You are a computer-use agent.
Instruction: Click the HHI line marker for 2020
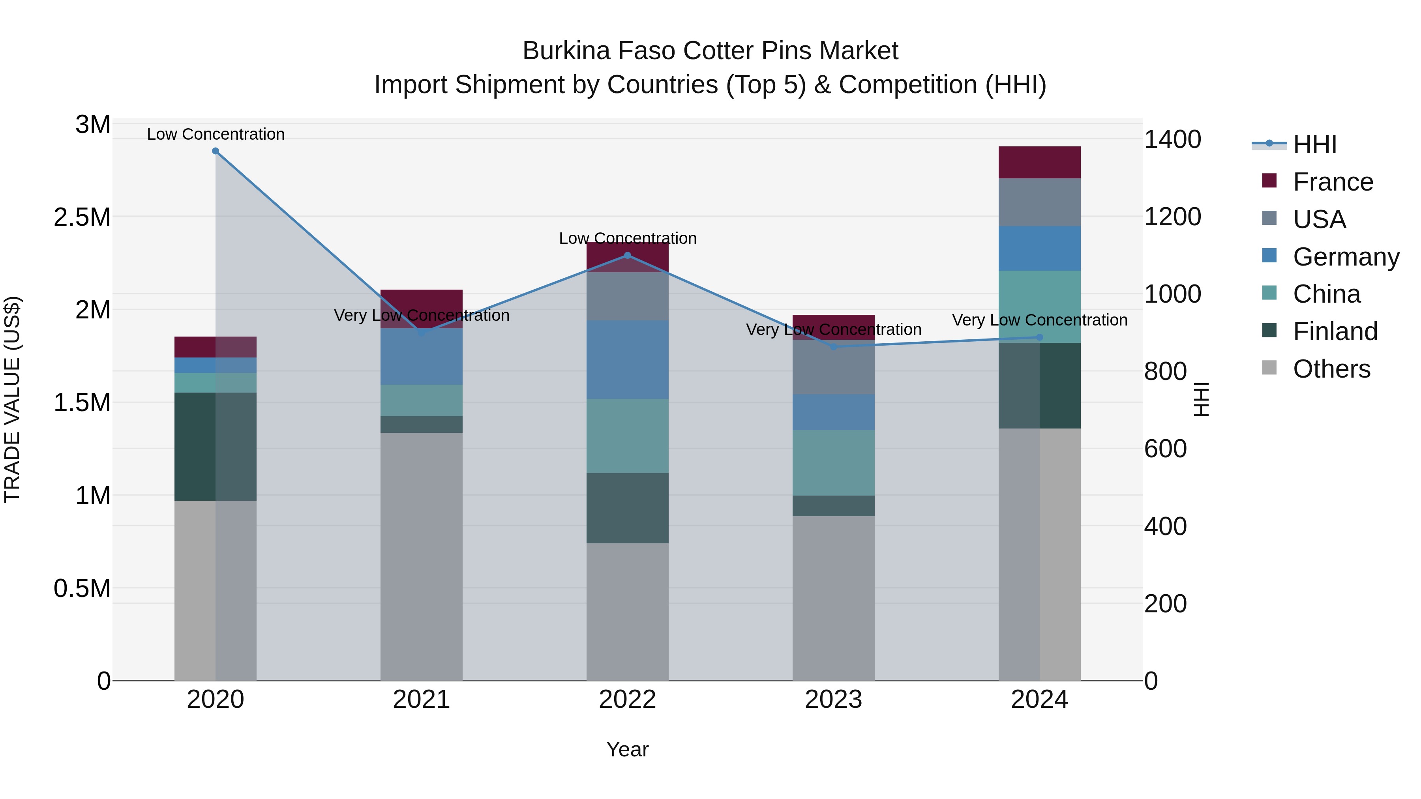click(216, 151)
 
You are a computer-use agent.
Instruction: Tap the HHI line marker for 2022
click(627, 255)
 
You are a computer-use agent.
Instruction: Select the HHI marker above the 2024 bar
click(1039, 337)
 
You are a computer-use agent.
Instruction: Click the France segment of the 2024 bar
click(1039, 162)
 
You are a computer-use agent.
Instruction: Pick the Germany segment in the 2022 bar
click(627, 359)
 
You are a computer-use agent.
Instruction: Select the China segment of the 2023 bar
click(833, 463)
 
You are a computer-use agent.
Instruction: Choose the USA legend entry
click(1319, 219)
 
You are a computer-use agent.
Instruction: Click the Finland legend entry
click(1335, 331)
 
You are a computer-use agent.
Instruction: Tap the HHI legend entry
click(1314, 144)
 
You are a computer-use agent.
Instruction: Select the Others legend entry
click(1331, 369)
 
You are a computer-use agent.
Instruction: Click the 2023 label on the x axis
click(833, 699)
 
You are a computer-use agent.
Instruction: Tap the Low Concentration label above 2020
click(216, 134)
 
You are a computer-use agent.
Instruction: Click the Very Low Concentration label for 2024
click(1039, 320)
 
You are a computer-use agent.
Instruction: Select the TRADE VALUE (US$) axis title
click(12, 399)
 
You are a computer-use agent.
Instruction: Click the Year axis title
click(627, 749)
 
